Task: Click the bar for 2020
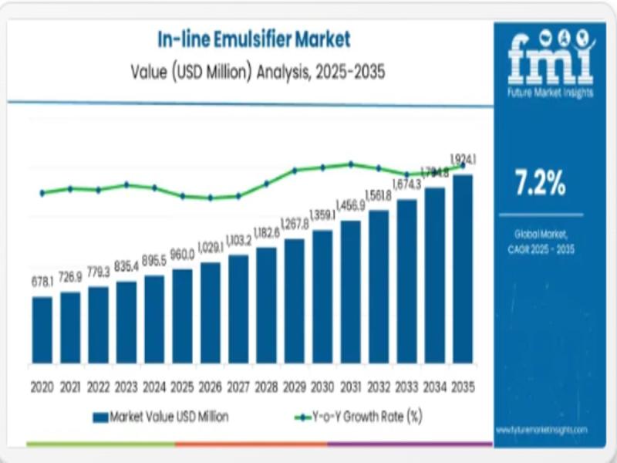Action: click(x=42, y=330)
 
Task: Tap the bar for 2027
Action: click(x=238, y=309)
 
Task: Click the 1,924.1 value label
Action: click(x=464, y=160)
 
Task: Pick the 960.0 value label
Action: click(x=182, y=255)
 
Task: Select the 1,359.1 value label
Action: click(x=322, y=215)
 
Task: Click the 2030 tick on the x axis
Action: click(x=322, y=386)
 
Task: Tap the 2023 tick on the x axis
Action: click(x=126, y=386)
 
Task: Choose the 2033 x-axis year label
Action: click(x=406, y=386)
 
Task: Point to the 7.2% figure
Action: click(x=540, y=185)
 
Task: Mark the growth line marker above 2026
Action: click(x=210, y=198)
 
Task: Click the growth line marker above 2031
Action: click(x=350, y=164)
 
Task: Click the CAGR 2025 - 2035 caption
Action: click(x=540, y=248)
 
